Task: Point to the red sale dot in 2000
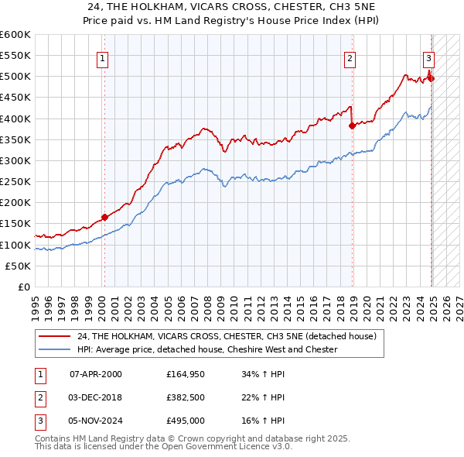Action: tap(104, 218)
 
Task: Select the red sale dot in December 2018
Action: tap(352, 125)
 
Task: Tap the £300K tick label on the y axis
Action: tap(15, 160)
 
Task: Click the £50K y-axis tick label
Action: tap(18, 266)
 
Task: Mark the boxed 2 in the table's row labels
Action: tap(39, 397)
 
